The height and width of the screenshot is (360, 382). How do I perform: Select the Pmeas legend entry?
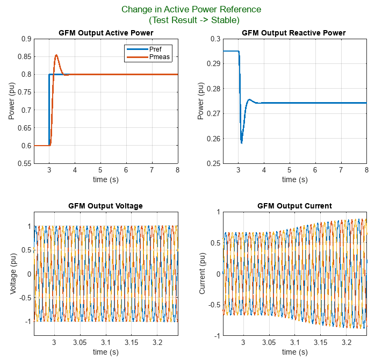pos(159,57)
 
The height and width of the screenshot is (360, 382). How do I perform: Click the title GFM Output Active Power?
pos(106,33)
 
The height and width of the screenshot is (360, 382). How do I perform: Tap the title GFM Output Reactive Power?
pos(293,33)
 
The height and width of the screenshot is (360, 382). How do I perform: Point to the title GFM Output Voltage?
pos(106,206)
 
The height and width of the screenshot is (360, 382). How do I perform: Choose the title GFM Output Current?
pos(294,206)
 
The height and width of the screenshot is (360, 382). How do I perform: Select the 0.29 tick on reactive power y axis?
pos(214,63)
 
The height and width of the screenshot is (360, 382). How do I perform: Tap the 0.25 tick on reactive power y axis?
pos(214,163)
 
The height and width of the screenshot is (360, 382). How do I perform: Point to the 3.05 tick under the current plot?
pos(269,342)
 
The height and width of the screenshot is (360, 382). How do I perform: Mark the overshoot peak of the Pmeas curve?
pos(56,55)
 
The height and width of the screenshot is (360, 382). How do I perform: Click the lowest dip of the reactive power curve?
pos(241,143)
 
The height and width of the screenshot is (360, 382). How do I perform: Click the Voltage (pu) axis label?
pos(13,273)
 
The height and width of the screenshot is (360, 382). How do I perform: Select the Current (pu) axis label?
pos(203,273)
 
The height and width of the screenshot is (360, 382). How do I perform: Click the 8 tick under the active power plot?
pos(177,170)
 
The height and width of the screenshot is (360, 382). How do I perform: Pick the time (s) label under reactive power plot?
pos(294,179)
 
